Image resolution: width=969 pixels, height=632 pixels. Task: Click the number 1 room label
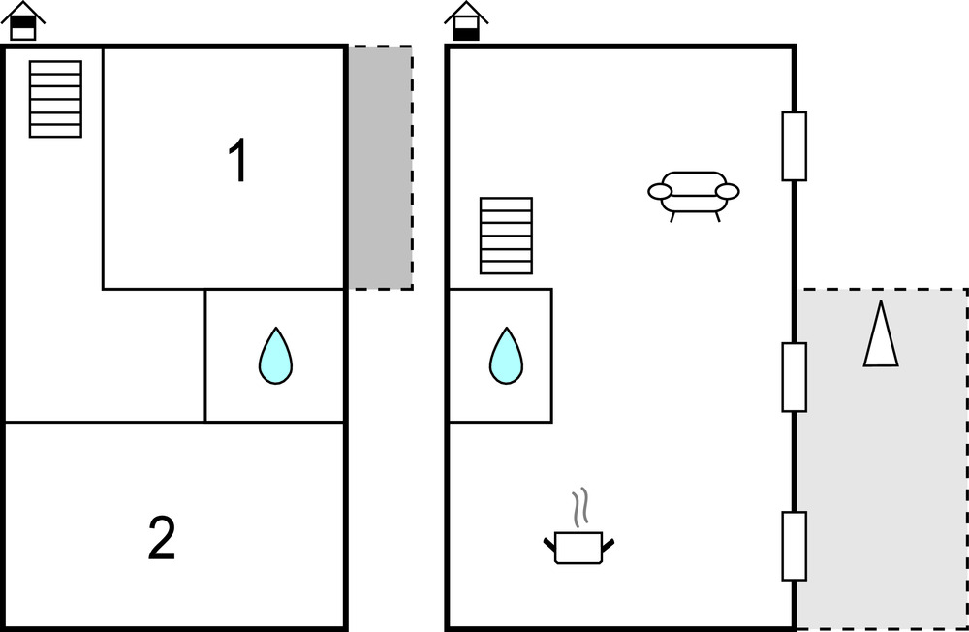[x=237, y=161]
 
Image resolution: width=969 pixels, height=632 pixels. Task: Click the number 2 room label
[x=162, y=539]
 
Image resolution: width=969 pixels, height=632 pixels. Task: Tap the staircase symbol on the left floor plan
[x=55, y=99]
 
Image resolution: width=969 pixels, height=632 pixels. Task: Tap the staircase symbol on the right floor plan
[x=506, y=236]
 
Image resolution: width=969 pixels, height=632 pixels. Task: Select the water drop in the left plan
[x=275, y=356]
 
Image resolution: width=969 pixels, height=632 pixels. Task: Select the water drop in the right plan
[x=506, y=356]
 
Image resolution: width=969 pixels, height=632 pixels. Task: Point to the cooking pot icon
[x=579, y=548]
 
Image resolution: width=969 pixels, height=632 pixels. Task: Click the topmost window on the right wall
[x=795, y=146]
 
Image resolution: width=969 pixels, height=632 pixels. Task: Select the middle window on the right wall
[x=795, y=377]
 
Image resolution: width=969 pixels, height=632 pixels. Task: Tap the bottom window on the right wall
[x=795, y=546]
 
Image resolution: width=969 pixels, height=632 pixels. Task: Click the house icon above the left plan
[x=23, y=21]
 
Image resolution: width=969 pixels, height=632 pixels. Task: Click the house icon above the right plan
[x=466, y=21]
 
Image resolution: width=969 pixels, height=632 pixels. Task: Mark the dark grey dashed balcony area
[x=380, y=167]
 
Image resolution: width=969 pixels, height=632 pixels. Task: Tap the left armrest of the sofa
[x=660, y=192]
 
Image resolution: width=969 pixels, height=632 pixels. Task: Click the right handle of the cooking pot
[x=609, y=543]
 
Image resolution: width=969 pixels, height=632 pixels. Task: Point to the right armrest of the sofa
[x=728, y=192]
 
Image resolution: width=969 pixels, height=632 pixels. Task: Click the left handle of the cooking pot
[x=549, y=543]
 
